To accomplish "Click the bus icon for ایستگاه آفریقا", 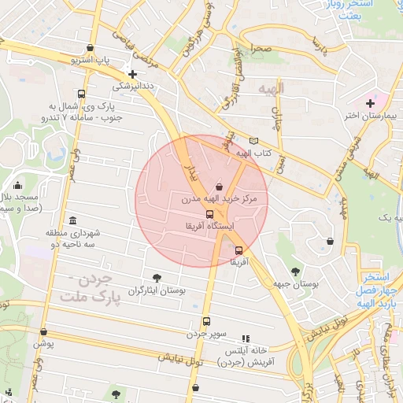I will pos(209,214).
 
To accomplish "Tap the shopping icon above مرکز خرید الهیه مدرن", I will pos(218,187).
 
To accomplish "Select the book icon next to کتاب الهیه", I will pos(253,140).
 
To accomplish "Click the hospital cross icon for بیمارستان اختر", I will pos(370,103).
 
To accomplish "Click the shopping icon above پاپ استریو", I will pos(92,47).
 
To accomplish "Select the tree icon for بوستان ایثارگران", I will pos(157,277).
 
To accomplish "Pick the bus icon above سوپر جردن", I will pos(206,321).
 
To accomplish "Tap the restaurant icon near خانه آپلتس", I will pos(246,338).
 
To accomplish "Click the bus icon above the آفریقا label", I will pos(238,250).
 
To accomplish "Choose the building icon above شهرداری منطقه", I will pos(73,220).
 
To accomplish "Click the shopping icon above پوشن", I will pos(43,331).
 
